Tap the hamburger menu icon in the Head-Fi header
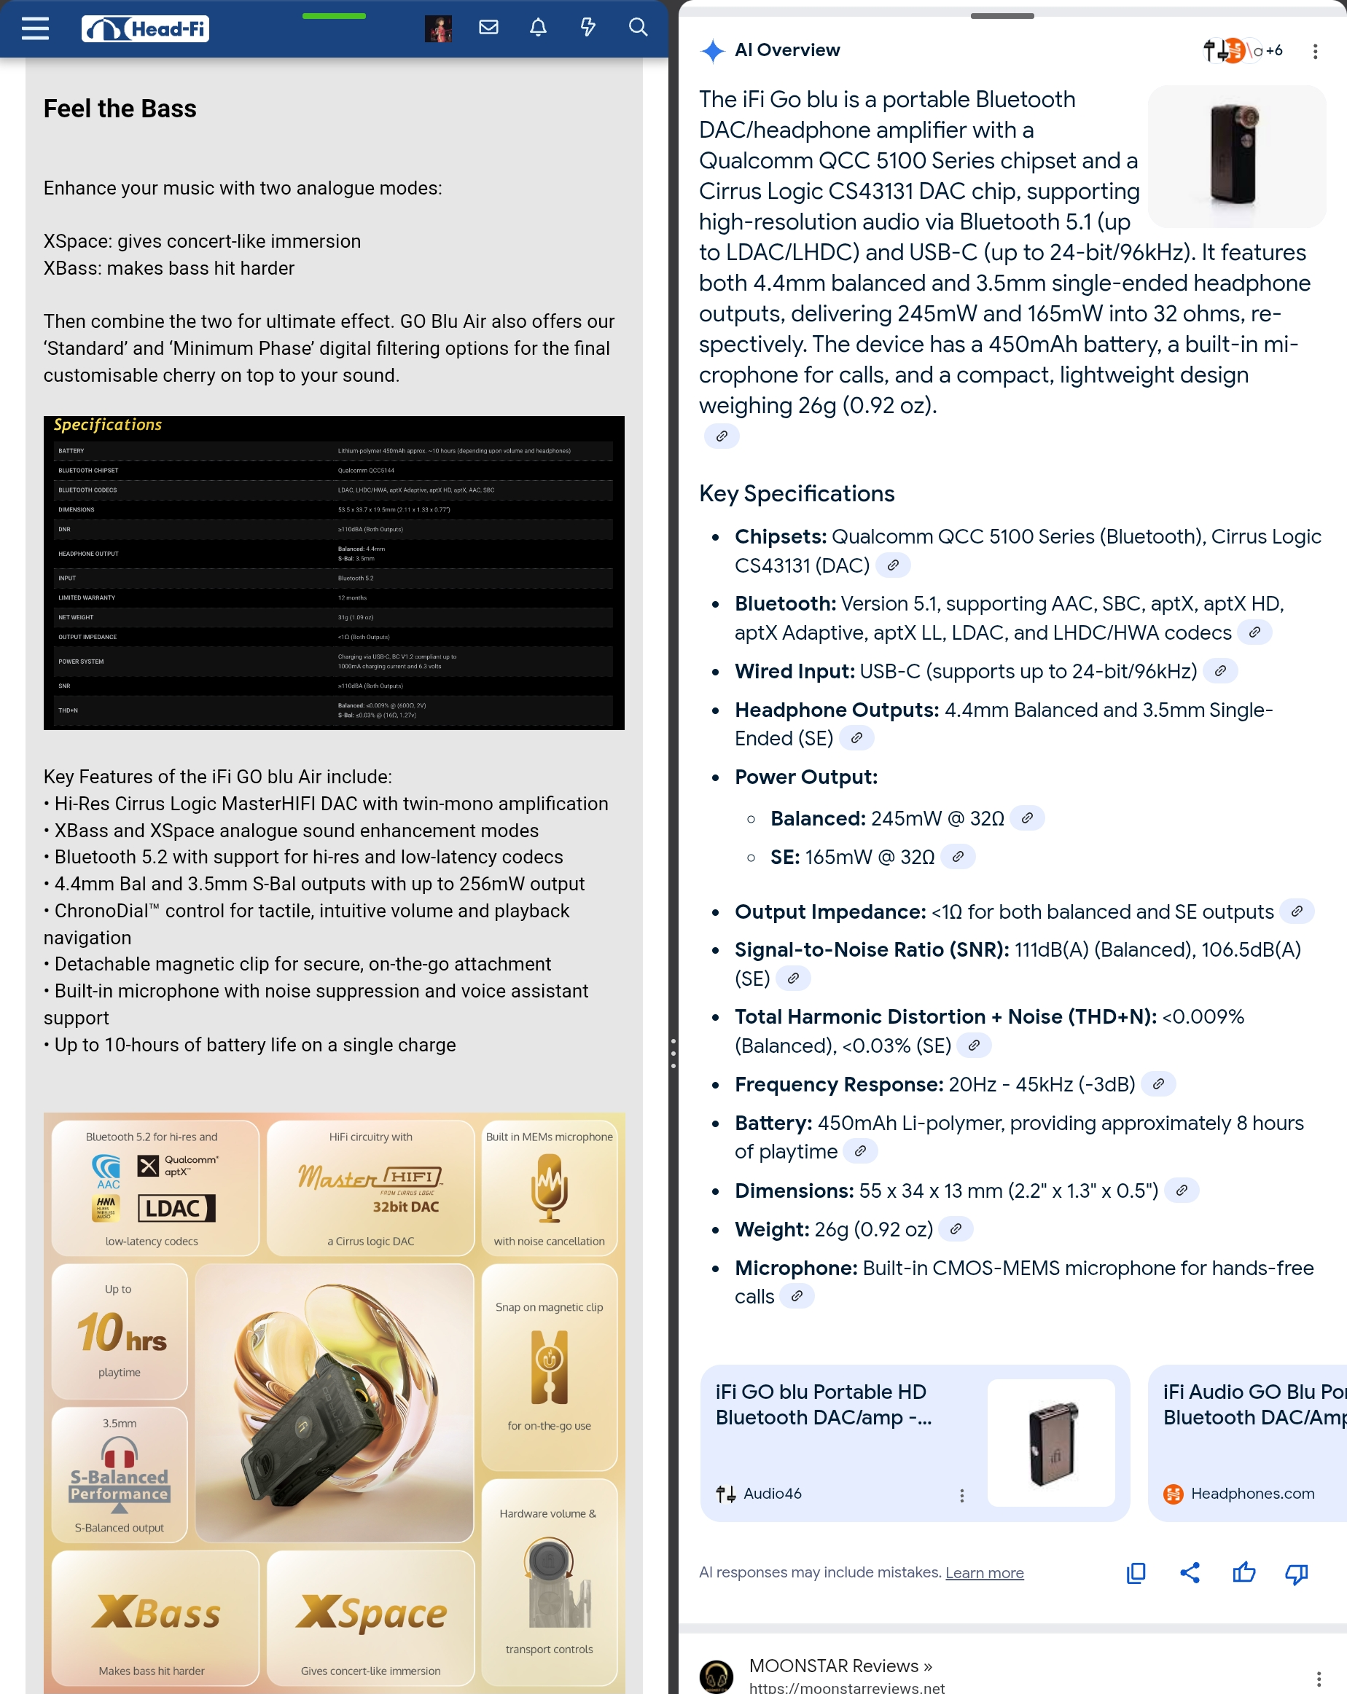(x=36, y=28)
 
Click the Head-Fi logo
(x=145, y=29)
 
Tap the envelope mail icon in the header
(x=489, y=28)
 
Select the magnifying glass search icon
(x=638, y=28)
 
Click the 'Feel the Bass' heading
(x=120, y=109)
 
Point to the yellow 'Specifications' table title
(x=108, y=425)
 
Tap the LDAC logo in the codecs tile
(x=176, y=1207)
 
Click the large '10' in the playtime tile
(x=100, y=1333)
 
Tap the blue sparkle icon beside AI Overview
(x=712, y=51)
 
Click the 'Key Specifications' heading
(x=797, y=493)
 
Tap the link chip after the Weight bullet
(x=956, y=1229)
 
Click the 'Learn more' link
(x=984, y=1572)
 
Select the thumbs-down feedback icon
(x=1296, y=1573)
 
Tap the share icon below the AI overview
(x=1190, y=1573)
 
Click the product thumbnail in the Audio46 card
(x=1051, y=1443)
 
